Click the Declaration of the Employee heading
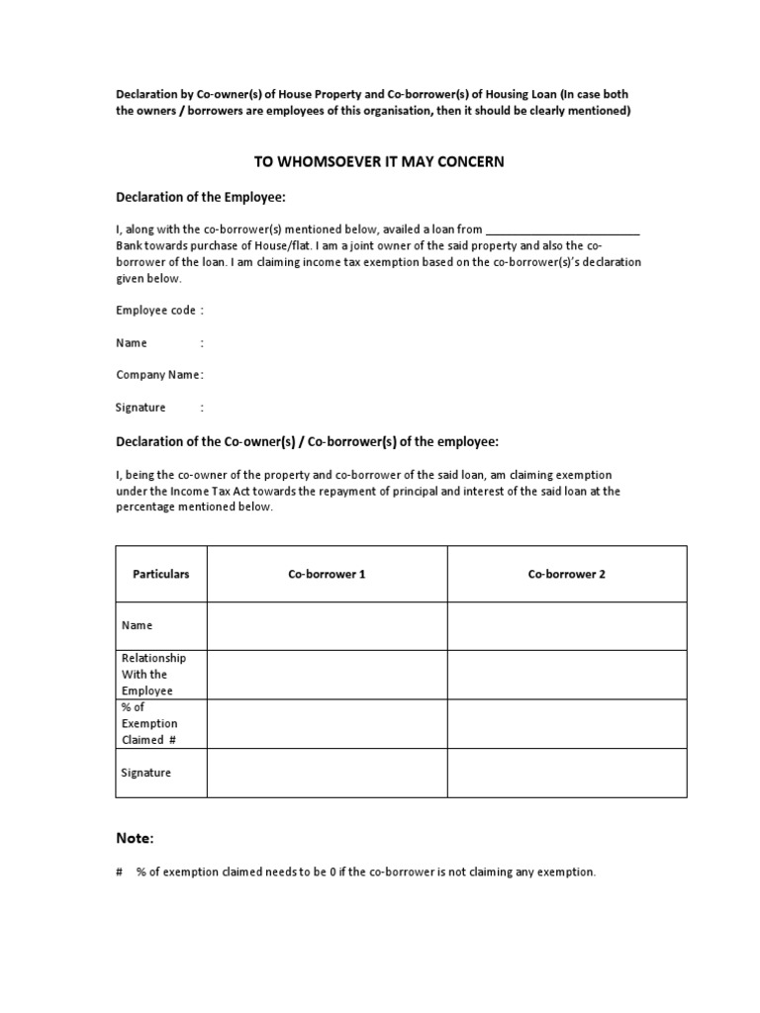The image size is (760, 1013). (201, 197)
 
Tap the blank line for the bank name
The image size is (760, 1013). (563, 230)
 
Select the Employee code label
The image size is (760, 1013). (156, 311)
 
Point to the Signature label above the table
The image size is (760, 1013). (142, 407)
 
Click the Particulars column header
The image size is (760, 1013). (161, 574)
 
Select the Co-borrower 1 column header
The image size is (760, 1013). (327, 574)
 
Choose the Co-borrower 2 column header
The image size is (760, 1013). (566, 574)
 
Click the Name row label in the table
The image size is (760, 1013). (137, 625)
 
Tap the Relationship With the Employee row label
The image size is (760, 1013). (153, 675)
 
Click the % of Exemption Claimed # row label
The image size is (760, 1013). (149, 724)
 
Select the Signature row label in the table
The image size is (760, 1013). (146, 773)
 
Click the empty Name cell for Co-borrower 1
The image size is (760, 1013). (327, 625)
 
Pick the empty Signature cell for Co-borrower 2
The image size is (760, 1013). (566, 773)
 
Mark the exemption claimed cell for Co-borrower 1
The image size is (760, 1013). (327, 724)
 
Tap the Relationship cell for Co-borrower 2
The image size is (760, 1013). (566, 675)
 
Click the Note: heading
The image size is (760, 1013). (135, 839)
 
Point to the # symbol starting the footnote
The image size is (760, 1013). (119, 873)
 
